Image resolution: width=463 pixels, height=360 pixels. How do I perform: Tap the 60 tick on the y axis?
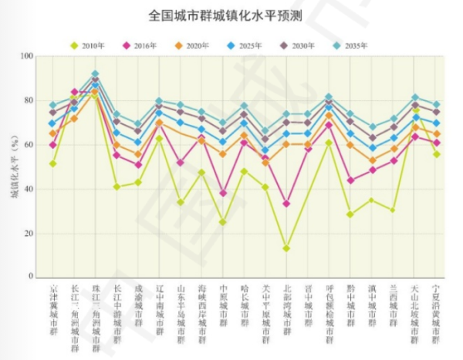[x=29, y=145]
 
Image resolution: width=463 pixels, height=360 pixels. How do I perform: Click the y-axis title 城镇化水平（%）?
[x=13, y=167]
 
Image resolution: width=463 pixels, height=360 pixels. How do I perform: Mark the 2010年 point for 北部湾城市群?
[x=286, y=248]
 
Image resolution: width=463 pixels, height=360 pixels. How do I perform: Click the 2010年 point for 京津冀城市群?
[x=53, y=163]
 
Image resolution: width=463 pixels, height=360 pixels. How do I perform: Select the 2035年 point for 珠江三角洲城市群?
[x=95, y=74]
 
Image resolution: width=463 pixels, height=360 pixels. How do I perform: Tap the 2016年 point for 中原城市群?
[x=223, y=193]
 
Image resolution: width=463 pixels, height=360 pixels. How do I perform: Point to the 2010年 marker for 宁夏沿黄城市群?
[x=436, y=154]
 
